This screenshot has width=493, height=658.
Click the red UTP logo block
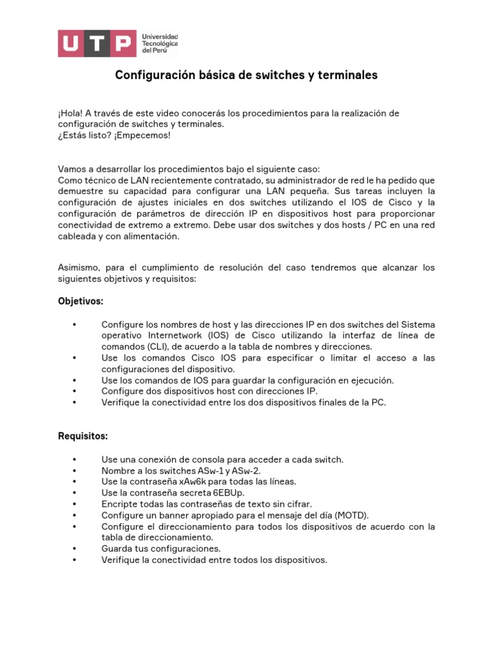(97, 43)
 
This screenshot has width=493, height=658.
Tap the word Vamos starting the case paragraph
(71, 169)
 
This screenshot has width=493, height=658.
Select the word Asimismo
(79, 267)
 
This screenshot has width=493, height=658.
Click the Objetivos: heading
(80, 301)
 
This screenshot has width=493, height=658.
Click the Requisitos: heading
(83, 436)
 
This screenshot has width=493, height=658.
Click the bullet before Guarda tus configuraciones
(75, 549)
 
